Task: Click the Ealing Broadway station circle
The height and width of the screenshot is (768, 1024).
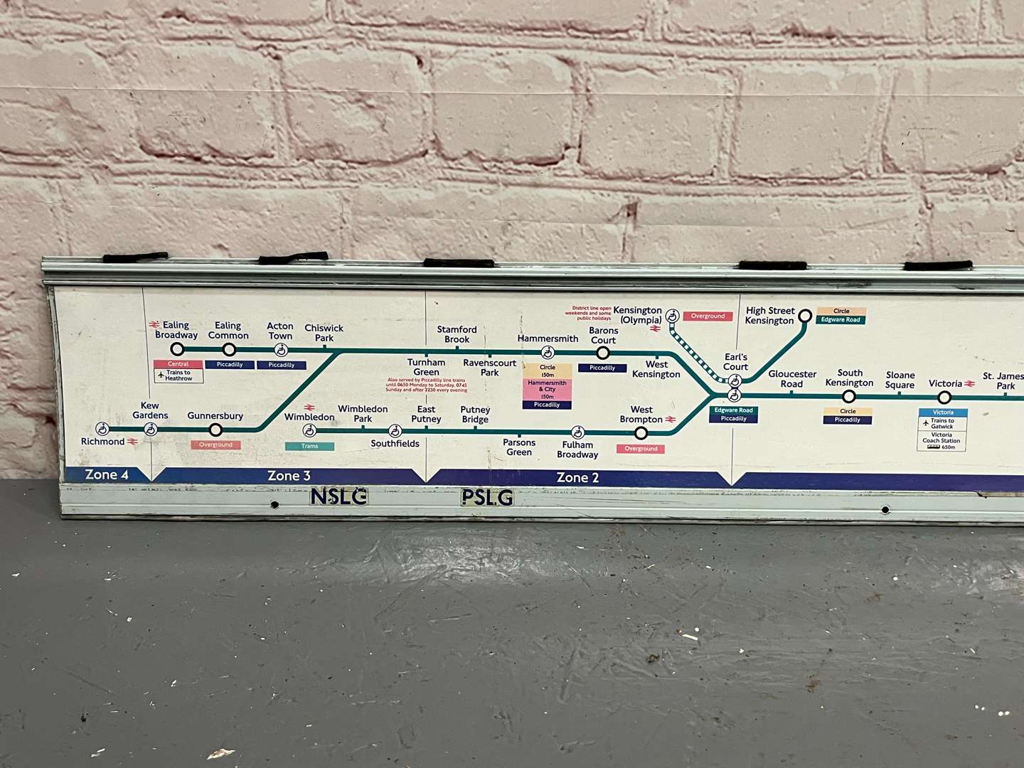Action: point(178,349)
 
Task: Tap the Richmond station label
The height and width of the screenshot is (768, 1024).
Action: point(103,442)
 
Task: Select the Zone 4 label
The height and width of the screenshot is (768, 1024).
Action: point(107,475)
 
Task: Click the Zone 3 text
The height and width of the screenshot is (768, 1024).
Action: point(289,476)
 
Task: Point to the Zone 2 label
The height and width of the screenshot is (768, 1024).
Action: point(577,478)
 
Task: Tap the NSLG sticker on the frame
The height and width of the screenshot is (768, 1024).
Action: point(338,496)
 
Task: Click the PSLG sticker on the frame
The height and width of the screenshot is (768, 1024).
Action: point(487,498)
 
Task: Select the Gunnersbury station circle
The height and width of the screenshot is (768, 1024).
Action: point(215,430)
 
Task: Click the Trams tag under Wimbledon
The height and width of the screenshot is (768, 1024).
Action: point(309,447)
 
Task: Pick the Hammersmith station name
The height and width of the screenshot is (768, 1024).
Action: point(548,338)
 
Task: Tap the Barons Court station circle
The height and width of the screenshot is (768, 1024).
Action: point(602,353)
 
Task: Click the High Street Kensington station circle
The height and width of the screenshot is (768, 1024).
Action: point(805,316)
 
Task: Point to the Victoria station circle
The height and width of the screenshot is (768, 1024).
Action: point(944,398)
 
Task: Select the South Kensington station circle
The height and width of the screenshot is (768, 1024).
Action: point(848,397)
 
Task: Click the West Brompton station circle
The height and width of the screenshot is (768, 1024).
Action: point(641,433)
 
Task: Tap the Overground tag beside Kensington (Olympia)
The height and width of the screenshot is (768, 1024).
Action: point(708,316)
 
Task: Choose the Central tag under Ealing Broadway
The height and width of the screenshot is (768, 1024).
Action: point(178,364)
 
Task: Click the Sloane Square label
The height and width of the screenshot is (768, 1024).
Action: point(900,380)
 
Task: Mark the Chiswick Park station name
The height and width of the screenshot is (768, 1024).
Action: point(324,333)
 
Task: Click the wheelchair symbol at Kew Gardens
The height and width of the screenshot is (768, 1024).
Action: point(151,430)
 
